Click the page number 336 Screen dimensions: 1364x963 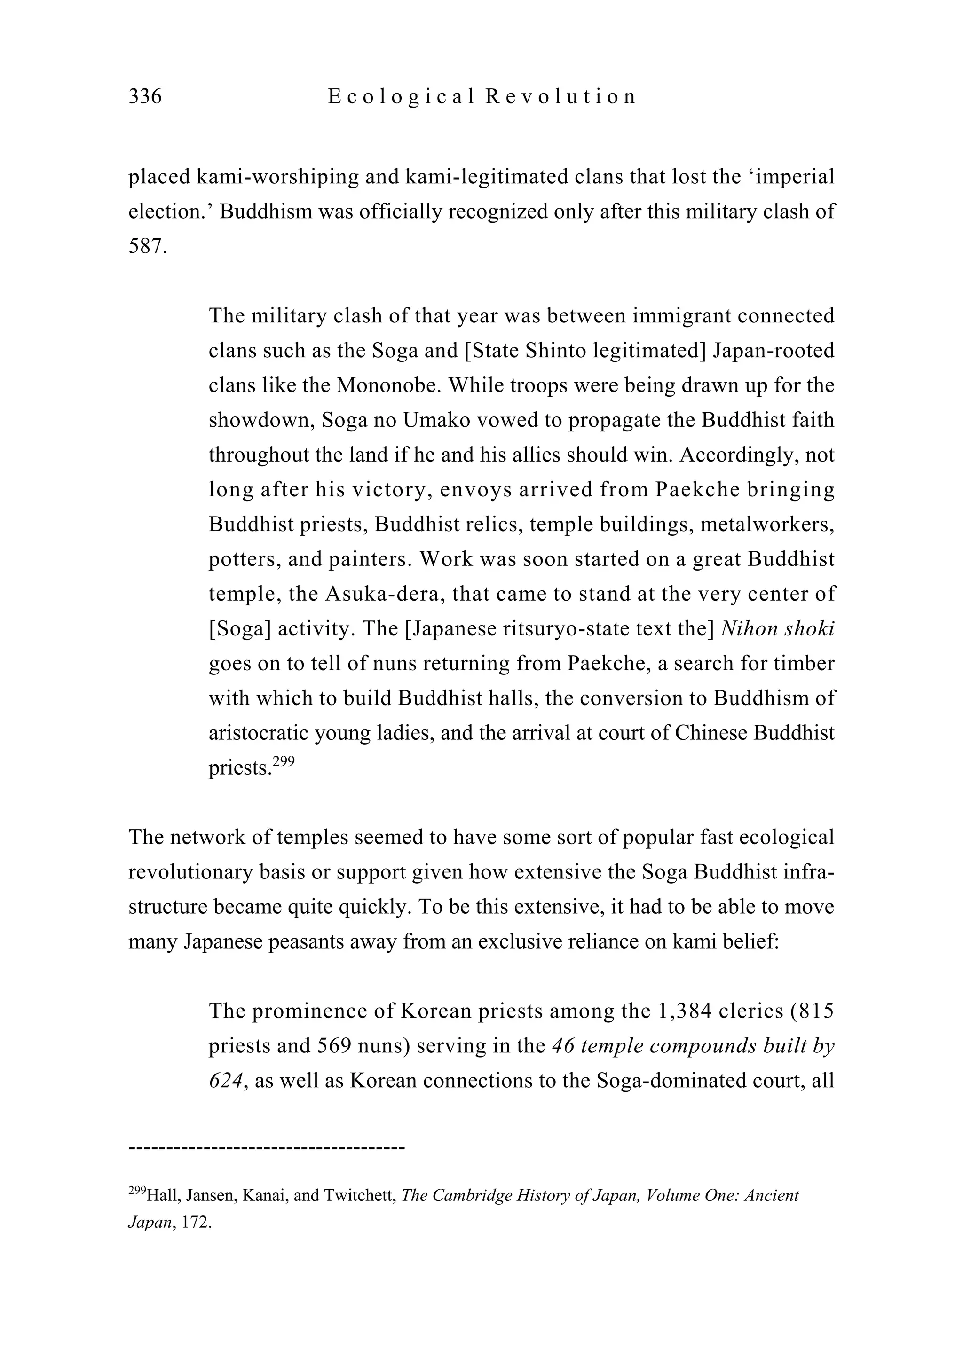pyautogui.click(x=145, y=96)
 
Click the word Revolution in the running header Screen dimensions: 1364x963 pyautogui.click(x=560, y=96)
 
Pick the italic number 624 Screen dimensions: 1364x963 pyautogui.click(x=227, y=1081)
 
